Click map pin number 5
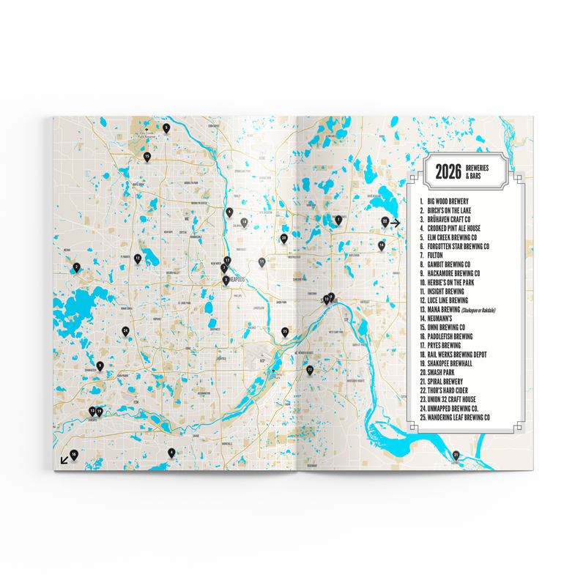point(166,128)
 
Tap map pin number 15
point(147,155)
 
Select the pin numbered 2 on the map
point(76,267)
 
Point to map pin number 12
point(137,258)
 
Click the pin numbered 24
point(126,331)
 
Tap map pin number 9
point(100,366)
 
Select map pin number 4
point(171,452)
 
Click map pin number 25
point(285,331)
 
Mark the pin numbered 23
point(310,370)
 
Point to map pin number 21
point(456,455)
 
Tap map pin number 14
point(381,245)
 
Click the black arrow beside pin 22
point(396,223)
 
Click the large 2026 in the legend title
point(447,171)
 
